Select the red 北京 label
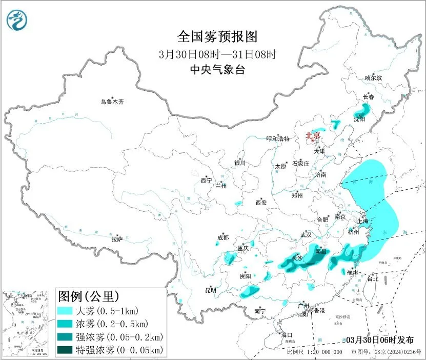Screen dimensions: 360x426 click(x=313, y=135)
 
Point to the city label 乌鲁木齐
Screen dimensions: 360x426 click(x=112, y=102)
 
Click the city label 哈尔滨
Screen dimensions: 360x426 click(x=373, y=78)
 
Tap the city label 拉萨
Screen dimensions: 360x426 click(x=117, y=238)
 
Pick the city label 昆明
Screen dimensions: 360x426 click(x=211, y=290)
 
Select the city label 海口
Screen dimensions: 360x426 click(x=287, y=334)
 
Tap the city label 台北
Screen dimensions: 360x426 click(x=372, y=279)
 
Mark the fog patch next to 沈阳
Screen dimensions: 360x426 click(x=362, y=110)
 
